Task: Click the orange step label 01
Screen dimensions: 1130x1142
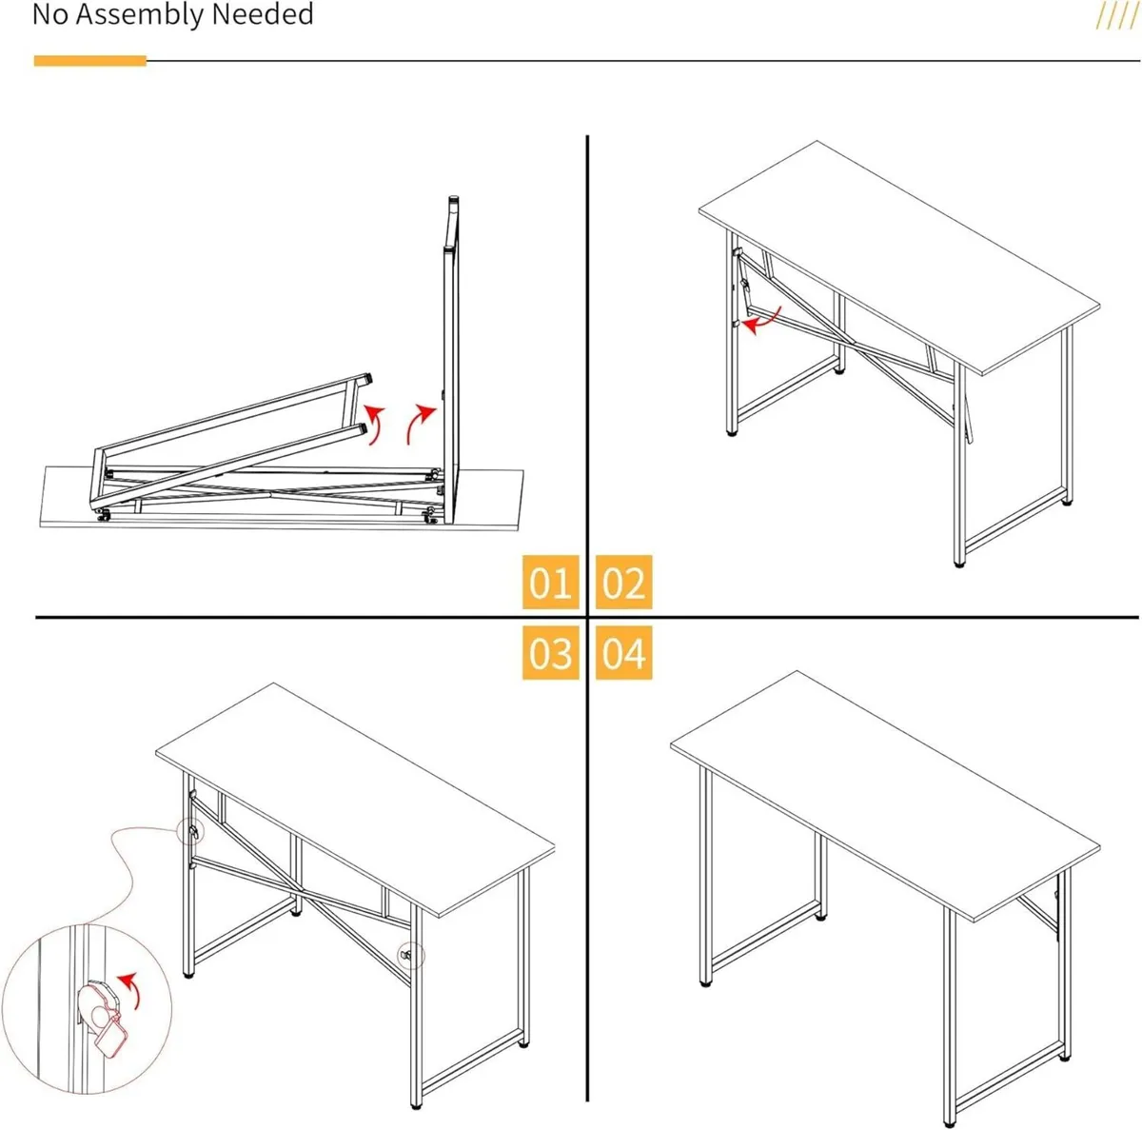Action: [550, 582]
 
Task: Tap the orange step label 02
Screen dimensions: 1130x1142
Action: [623, 582]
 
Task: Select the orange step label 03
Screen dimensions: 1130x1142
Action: [550, 653]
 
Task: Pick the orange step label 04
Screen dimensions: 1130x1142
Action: [623, 653]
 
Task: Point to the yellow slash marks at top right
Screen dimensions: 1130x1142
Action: [1115, 16]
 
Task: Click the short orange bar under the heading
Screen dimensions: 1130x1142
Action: [89, 61]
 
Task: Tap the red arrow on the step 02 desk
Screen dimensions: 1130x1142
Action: [761, 322]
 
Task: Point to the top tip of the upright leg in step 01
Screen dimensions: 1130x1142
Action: [454, 201]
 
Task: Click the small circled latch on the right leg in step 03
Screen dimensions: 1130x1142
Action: [411, 954]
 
